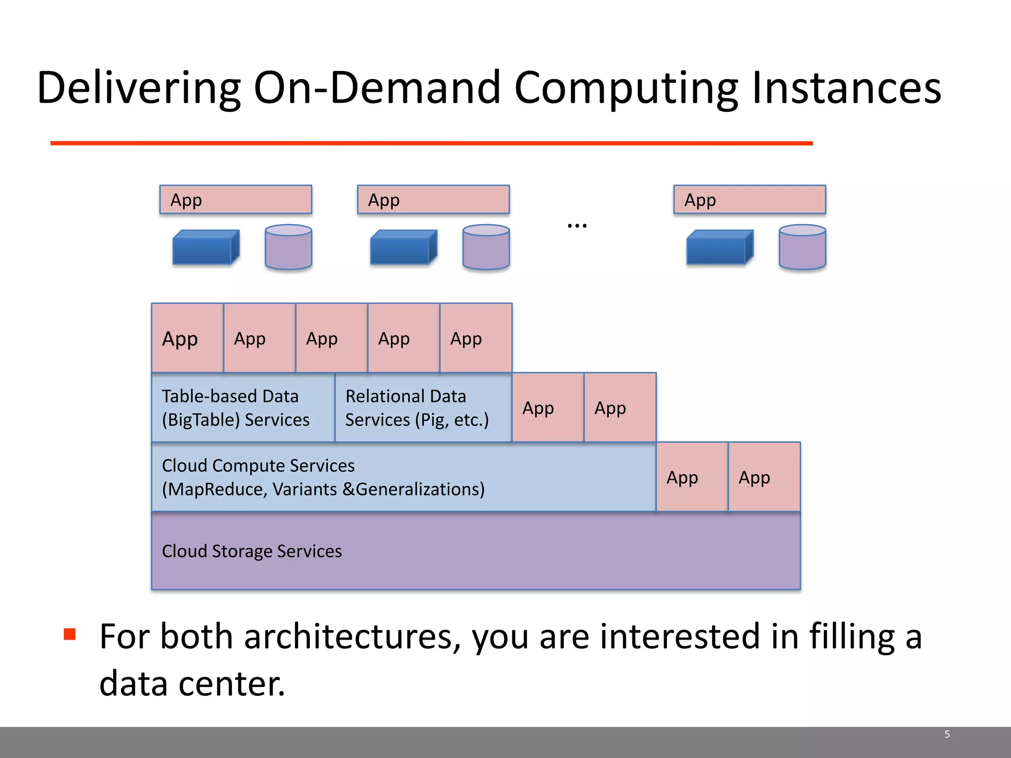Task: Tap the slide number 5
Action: coord(947,734)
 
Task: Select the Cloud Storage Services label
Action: coord(252,551)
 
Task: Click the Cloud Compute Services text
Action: coord(258,466)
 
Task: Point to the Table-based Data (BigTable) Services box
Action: coord(243,408)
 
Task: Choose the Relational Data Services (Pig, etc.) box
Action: coord(423,408)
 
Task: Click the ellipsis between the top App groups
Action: coord(577,226)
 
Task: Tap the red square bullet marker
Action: coord(70,634)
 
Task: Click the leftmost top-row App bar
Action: coord(235,200)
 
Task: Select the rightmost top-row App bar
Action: coord(749,200)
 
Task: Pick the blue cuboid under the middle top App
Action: coord(403,248)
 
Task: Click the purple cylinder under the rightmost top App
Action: coord(802,247)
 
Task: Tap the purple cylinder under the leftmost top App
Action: coord(288,247)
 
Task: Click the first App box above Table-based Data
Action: coord(187,339)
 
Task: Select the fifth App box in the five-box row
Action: coord(475,339)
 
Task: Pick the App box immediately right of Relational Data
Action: coord(548,408)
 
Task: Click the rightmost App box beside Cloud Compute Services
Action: coord(764,477)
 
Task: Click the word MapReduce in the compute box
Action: coord(216,490)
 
